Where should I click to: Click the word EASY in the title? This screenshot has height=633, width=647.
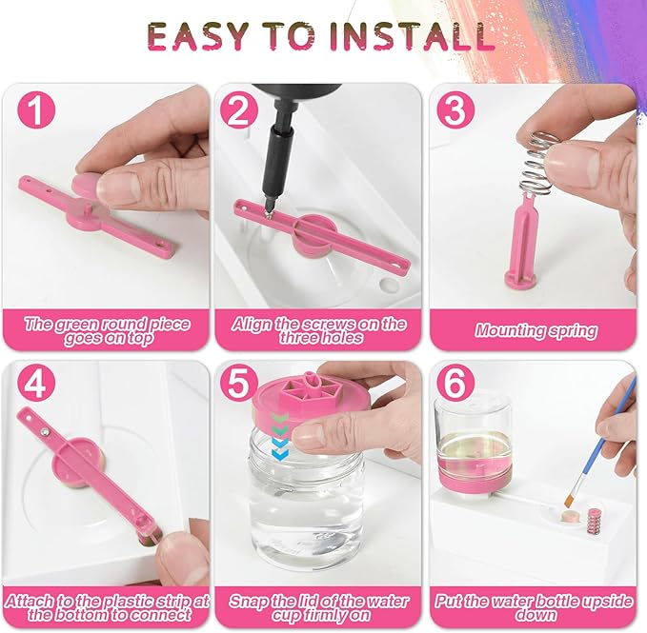(199, 36)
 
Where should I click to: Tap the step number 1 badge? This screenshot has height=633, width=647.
(34, 110)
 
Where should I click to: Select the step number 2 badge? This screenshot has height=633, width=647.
(239, 110)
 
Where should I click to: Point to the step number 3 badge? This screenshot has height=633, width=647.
(455, 110)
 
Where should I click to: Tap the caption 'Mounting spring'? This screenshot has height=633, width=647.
(536, 331)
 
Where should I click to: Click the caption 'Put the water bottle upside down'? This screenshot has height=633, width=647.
(535, 608)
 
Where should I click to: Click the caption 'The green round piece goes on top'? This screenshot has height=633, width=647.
(107, 330)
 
